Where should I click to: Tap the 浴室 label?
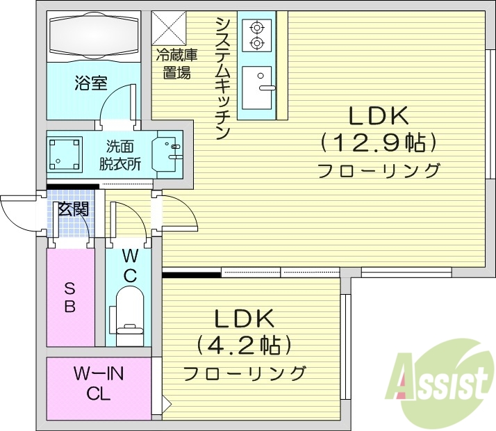pos(90,84)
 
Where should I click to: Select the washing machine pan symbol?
pos(65,154)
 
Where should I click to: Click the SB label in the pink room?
pos(70,297)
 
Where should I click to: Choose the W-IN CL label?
pos(99,384)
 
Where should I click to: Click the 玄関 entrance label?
pos(72,209)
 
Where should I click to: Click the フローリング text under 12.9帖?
pos(379,170)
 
